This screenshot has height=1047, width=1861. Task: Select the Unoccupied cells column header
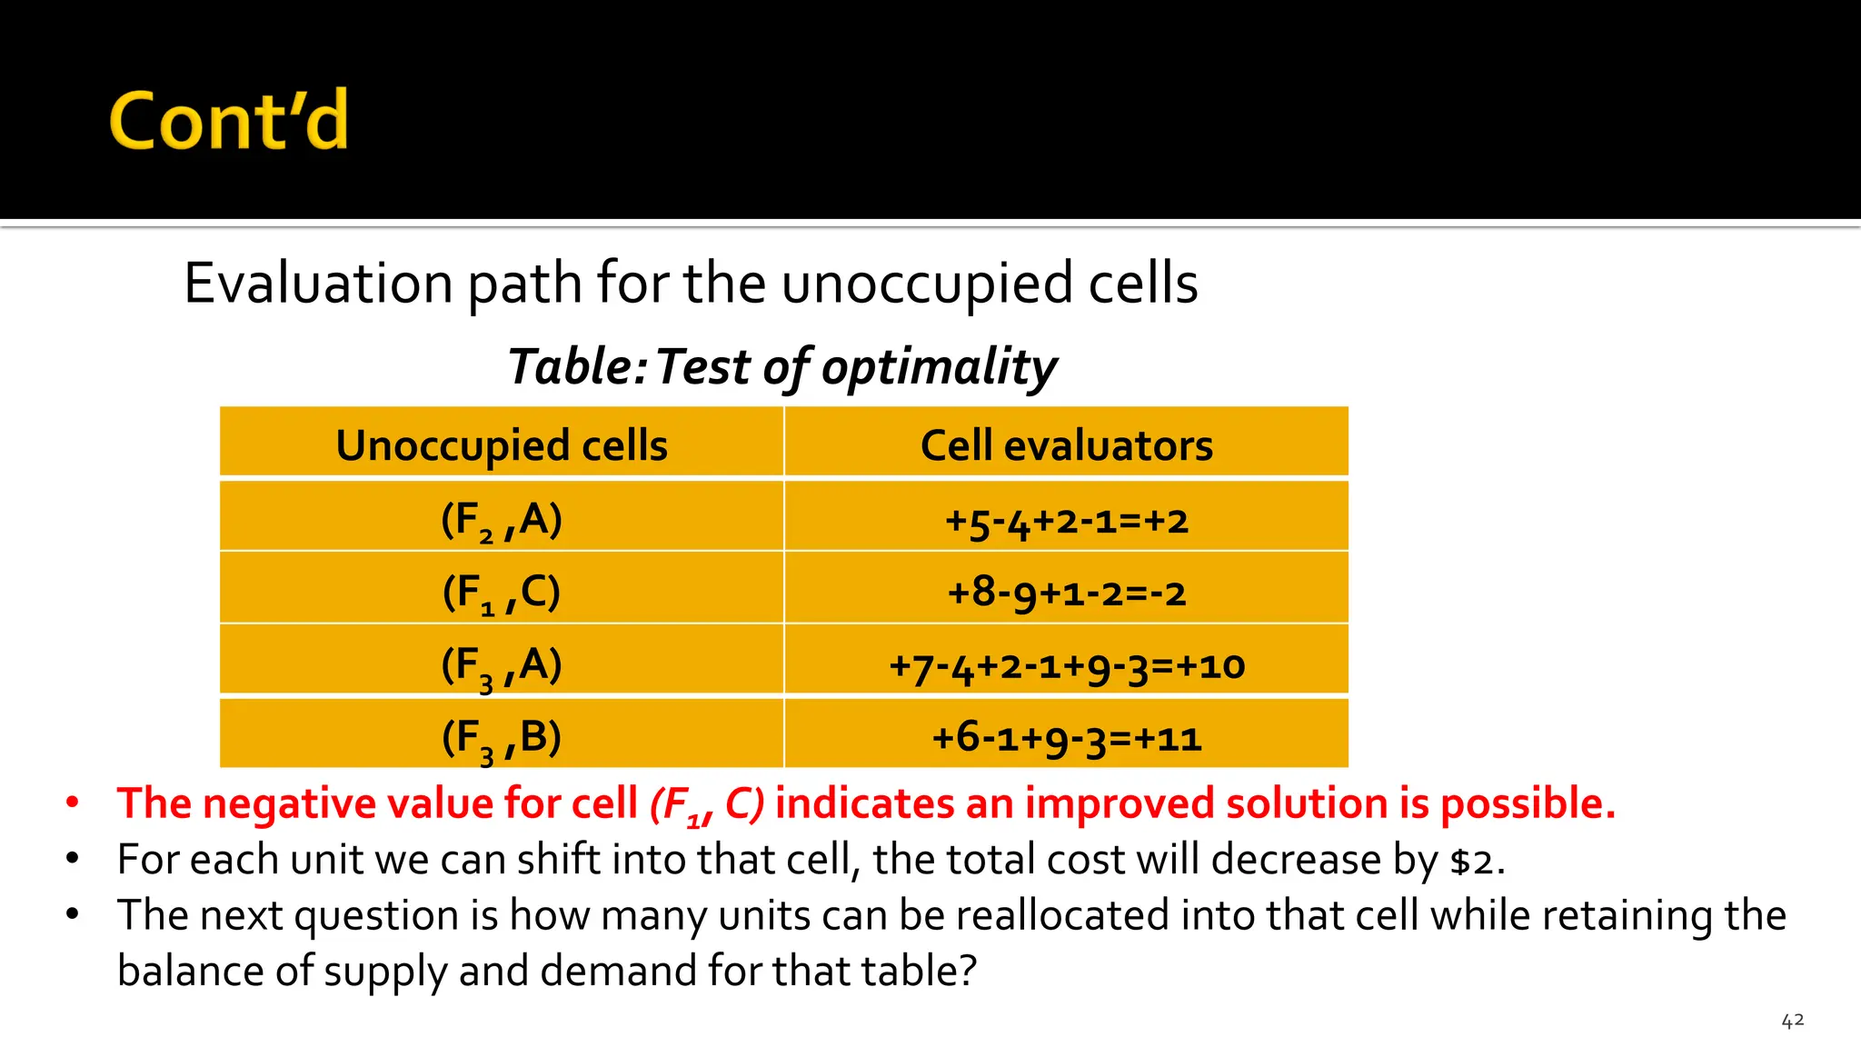pyautogui.click(x=502, y=445)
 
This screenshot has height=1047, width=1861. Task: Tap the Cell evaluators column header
pyautogui.click(x=1066, y=445)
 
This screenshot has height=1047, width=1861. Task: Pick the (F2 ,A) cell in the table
pyautogui.click(x=502, y=520)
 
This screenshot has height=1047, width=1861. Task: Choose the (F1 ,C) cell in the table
pyautogui.click(x=502, y=593)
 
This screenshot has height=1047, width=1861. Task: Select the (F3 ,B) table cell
pyautogui.click(x=502, y=737)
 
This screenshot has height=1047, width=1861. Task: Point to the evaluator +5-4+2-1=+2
pyautogui.click(x=1066, y=521)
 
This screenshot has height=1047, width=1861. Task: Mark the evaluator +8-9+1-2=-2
pyautogui.click(x=1066, y=593)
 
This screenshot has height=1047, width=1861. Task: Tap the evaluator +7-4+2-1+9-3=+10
pyautogui.click(x=1066, y=666)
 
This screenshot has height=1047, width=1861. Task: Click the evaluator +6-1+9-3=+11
pyautogui.click(x=1066, y=738)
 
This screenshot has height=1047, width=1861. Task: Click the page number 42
pyautogui.click(x=1792, y=1021)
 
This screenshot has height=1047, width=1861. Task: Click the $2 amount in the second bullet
pyautogui.click(x=1470, y=861)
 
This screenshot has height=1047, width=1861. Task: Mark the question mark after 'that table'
pyautogui.click(x=968, y=971)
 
